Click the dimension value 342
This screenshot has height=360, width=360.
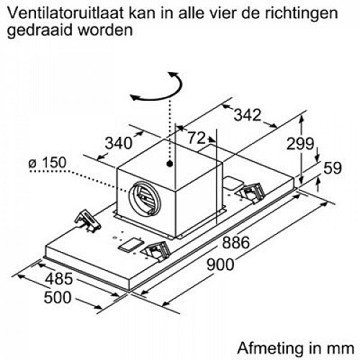[247, 115]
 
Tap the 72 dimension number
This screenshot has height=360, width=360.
[197, 138]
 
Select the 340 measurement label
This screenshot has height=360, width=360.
[119, 143]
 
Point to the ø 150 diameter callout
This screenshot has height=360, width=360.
[47, 163]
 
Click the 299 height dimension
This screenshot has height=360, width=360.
[300, 143]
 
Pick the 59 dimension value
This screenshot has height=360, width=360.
[333, 168]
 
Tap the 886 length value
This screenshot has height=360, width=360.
[236, 243]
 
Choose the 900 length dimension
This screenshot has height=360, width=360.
[220, 264]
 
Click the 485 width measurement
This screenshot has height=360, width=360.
[59, 279]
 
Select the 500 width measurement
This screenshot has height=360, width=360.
[58, 297]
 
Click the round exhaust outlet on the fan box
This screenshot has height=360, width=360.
[144, 198]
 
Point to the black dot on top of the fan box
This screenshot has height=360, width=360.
[170, 163]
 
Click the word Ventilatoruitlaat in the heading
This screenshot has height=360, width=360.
[66, 13]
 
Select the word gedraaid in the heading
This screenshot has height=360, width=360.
[40, 31]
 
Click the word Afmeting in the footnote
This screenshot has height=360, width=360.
[270, 348]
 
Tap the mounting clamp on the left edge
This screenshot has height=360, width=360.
[88, 221]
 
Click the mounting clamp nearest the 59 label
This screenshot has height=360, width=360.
[250, 193]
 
